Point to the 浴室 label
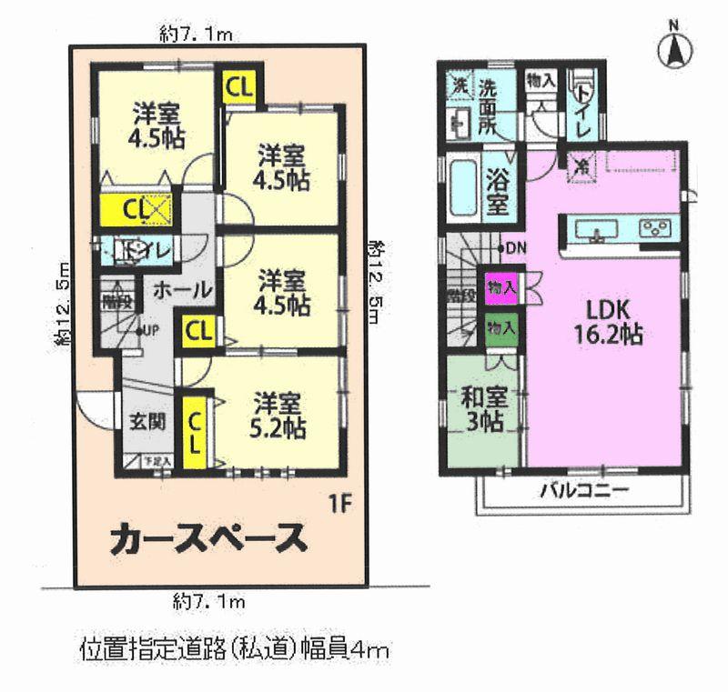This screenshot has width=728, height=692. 496,190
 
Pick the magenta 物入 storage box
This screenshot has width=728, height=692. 501,287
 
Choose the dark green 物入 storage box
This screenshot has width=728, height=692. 501,325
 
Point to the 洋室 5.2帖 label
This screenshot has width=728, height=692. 278,415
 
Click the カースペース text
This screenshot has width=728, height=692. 207,539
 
